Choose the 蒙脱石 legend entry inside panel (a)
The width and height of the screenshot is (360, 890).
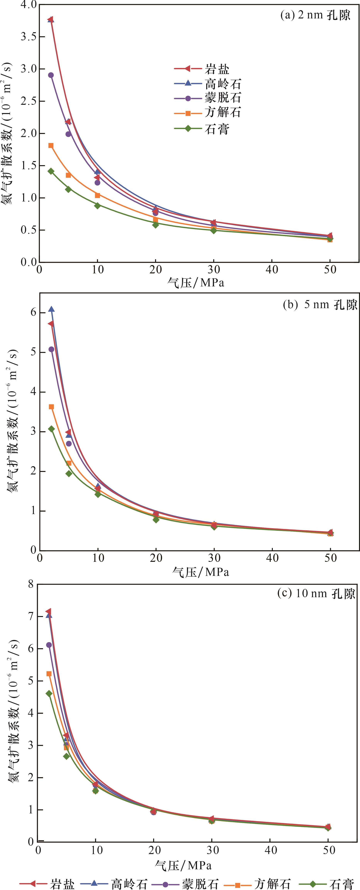207,98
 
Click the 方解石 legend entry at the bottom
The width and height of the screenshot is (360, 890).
257,883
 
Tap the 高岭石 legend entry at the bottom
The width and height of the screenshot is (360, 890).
114,883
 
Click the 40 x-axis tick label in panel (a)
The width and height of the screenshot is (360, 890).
272,270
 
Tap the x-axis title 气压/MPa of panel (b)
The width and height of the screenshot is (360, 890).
200,572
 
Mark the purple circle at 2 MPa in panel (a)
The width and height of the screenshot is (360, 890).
51,75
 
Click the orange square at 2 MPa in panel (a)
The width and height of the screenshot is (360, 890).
51,145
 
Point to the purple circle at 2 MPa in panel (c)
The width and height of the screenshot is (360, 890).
49,645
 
